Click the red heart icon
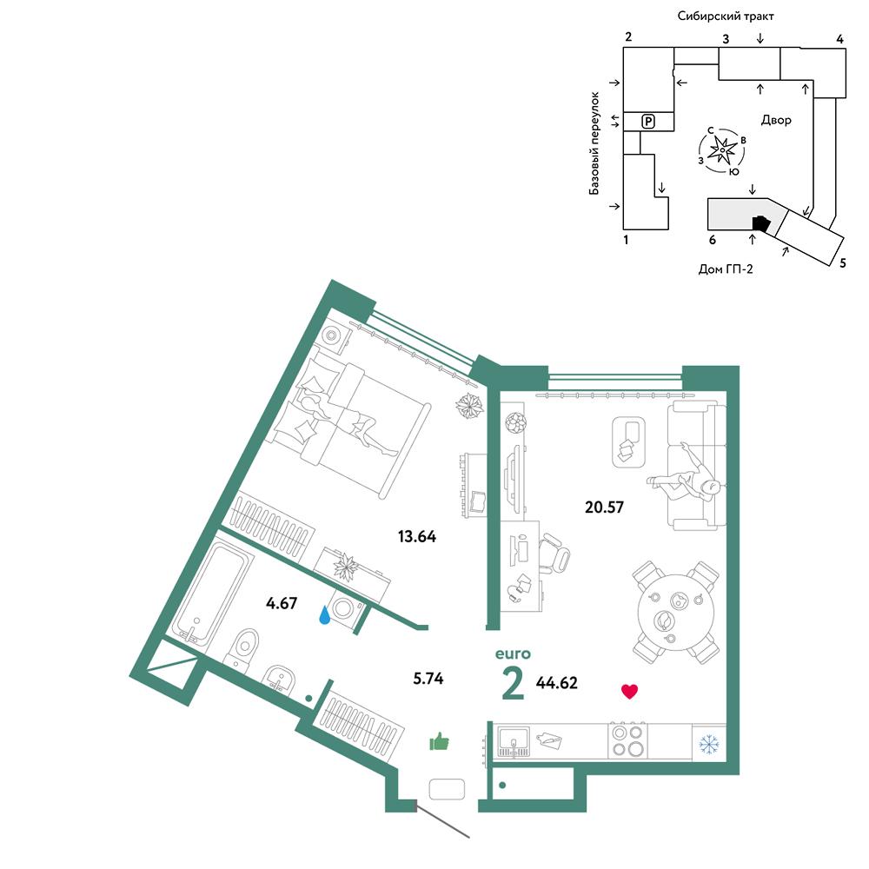[x=629, y=691]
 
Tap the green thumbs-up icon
[x=439, y=741]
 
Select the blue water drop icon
[x=325, y=614]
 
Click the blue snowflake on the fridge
[x=709, y=744]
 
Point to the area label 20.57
[x=604, y=507]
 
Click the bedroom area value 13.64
[x=417, y=536]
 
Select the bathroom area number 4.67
[x=282, y=603]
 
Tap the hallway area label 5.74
[x=428, y=679]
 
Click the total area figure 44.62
[x=556, y=683]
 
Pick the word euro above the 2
[x=513, y=654]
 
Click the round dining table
[x=675, y=612]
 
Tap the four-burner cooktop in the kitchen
[x=627, y=740]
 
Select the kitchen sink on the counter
[x=514, y=741]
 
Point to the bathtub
[x=210, y=593]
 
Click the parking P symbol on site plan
[x=648, y=121]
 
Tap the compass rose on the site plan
[x=722, y=149]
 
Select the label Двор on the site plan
[x=776, y=120]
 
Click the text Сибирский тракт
[x=726, y=16]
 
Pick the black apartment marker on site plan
[x=761, y=222]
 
